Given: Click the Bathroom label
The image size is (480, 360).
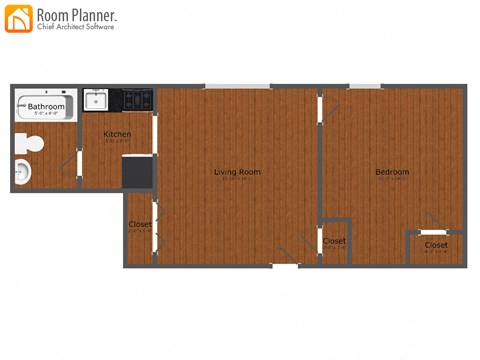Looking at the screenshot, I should [46, 106].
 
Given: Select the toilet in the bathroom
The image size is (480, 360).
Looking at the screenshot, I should [30, 144].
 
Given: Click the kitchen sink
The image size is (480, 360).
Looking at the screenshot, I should [95, 100].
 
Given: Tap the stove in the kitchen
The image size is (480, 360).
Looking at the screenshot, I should [138, 99].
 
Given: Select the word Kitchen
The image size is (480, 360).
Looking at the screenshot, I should [117, 134].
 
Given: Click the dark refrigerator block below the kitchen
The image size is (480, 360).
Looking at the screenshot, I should [137, 171].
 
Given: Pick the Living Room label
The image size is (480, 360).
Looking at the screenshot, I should [237, 172].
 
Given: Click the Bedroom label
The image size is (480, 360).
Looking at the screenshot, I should [392, 172].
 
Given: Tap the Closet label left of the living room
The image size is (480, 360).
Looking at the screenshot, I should [140, 224].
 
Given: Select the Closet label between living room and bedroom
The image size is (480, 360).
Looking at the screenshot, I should [334, 241].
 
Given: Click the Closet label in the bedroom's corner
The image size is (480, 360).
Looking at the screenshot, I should [436, 245].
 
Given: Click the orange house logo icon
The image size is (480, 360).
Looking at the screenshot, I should [19, 18].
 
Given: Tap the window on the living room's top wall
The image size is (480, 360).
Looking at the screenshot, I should [237, 86].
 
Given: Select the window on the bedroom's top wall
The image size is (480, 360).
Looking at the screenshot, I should [364, 86].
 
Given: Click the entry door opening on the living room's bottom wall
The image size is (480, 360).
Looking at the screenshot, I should [285, 265].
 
